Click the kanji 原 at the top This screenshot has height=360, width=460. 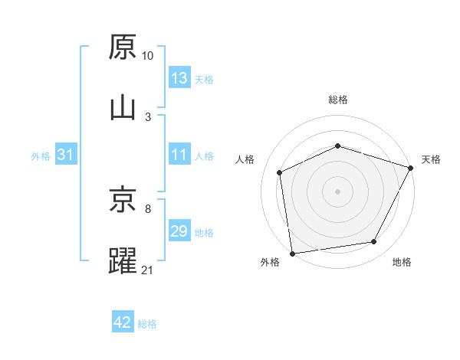pos(123,47)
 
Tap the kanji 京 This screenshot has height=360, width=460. pos(123,201)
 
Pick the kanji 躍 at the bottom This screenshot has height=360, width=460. pos(123,260)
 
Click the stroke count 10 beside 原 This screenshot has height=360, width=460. pos(148,56)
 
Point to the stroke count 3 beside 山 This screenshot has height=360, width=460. pos(147,116)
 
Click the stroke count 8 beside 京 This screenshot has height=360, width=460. pos(147,208)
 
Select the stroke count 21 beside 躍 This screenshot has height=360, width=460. pos(148,269)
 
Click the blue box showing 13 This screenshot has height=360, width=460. pos(179,78)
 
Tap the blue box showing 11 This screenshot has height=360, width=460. pos(179,155)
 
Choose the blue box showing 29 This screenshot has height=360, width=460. pos(179,231)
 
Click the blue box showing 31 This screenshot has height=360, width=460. pos(66,155)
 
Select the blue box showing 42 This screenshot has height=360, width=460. pos(123,322)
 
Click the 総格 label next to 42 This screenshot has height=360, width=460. pos(147,324)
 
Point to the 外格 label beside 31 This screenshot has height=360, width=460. pos(41,156)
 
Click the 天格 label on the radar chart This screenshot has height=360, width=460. pos(431,159)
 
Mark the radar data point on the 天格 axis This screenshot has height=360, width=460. pos(411,168)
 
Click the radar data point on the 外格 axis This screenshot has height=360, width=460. pos(292,253)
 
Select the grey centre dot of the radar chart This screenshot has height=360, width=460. pos(337,191)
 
